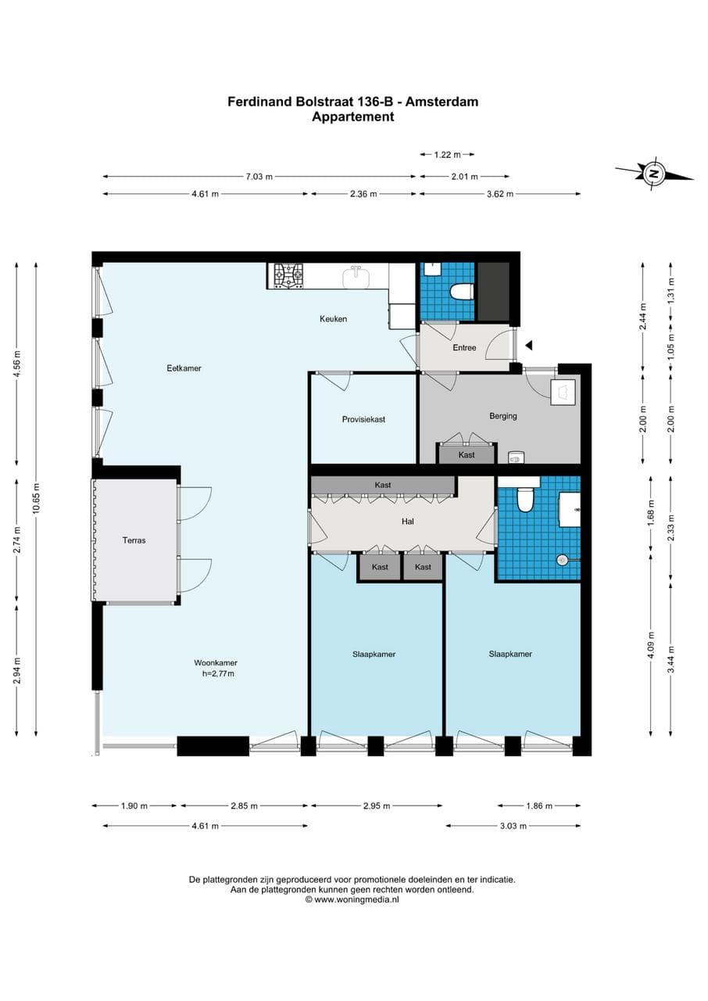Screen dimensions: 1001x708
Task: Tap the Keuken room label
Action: click(x=333, y=319)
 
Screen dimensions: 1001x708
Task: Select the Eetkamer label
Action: click(x=184, y=368)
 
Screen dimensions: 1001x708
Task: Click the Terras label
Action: click(x=134, y=540)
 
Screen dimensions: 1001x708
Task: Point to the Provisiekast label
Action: click(x=363, y=419)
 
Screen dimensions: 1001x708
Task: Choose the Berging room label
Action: click(x=503, y=416)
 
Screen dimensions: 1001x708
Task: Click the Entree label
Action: click(x=464, y=347)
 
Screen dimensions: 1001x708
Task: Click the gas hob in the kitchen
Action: click(x=287, y=274)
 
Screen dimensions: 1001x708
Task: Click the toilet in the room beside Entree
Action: click(x=462, y=292)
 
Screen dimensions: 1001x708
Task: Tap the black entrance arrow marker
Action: click(x=529, y=345)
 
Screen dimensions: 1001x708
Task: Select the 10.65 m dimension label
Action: click(x=34, y=497)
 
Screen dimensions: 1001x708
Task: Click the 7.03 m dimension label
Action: click(x=259, y=177)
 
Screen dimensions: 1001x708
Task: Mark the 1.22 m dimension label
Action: click(x=447, y=155)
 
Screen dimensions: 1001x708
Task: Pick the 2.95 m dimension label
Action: click(x=376, y=805)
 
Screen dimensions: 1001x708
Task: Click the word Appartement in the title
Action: click(x=352, y=117)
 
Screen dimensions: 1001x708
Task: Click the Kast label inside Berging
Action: click(x=467, y=454)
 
